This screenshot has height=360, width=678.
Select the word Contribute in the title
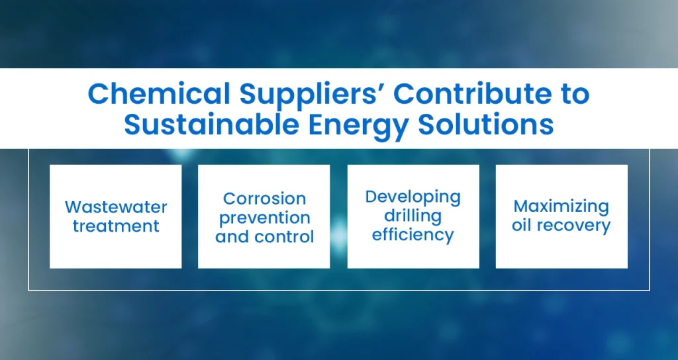[x=473, y=95]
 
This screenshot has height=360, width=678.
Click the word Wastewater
[x=116, y=207]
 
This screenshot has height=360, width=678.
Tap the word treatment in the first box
[x=116, y=226]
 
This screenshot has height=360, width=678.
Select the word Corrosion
[x=264, y=199]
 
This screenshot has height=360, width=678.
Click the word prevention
[x=264, y=218]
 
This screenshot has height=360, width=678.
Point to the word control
[x=287, y=236]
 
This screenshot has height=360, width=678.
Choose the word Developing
[x=412, y=197]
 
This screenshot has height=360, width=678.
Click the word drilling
[x=412, y=216]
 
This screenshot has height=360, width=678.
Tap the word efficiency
[x=412, y=235]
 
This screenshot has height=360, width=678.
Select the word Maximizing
[x=561, y=206]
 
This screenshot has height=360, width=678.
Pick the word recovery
[x=573, y=226]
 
